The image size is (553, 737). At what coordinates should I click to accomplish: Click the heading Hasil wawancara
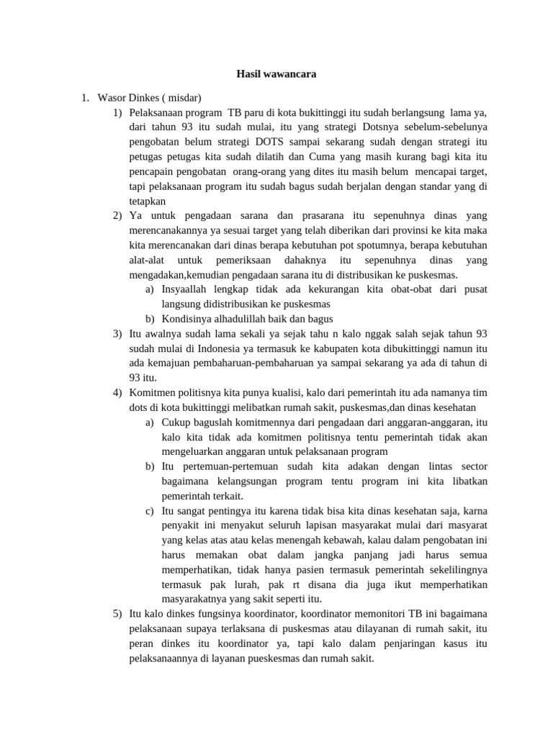[x=277, y=74]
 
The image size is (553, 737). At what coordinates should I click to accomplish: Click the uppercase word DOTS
[x=274, y=143]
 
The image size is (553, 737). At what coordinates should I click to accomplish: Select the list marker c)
[x=149, y=511]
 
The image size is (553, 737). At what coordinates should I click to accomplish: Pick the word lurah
[x=239, y=584]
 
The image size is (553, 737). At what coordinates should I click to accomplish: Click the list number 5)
[x=117, y=613]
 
